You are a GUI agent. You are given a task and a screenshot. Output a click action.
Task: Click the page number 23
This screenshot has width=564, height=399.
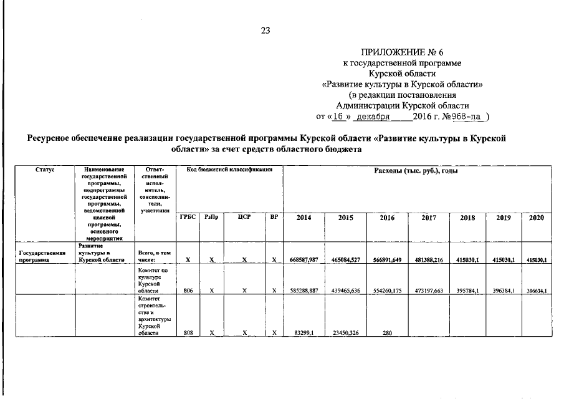click(x=265, y=29)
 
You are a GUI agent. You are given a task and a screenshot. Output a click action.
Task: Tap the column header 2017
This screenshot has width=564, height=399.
click(x=428, y=218)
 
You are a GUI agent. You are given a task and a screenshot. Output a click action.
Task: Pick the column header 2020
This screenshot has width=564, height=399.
click(x=537, y=218)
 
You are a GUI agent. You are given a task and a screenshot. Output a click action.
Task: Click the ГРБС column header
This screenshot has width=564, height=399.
click(x=188, y=217)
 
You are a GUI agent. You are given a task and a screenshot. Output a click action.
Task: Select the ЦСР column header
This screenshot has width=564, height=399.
click(x=244, y=217)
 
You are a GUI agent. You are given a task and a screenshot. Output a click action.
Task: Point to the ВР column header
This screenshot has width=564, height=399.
click(x=274, y=217)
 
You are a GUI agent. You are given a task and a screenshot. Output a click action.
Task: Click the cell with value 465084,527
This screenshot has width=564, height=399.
click(x=346, y=260)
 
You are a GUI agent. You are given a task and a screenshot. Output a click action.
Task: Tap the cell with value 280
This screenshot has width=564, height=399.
click(x=386, y=333)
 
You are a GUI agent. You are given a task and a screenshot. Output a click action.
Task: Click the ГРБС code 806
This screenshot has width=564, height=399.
click(x=188, y=291)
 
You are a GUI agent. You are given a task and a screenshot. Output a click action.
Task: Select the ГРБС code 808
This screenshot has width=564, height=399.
click(x=188, y=333)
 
